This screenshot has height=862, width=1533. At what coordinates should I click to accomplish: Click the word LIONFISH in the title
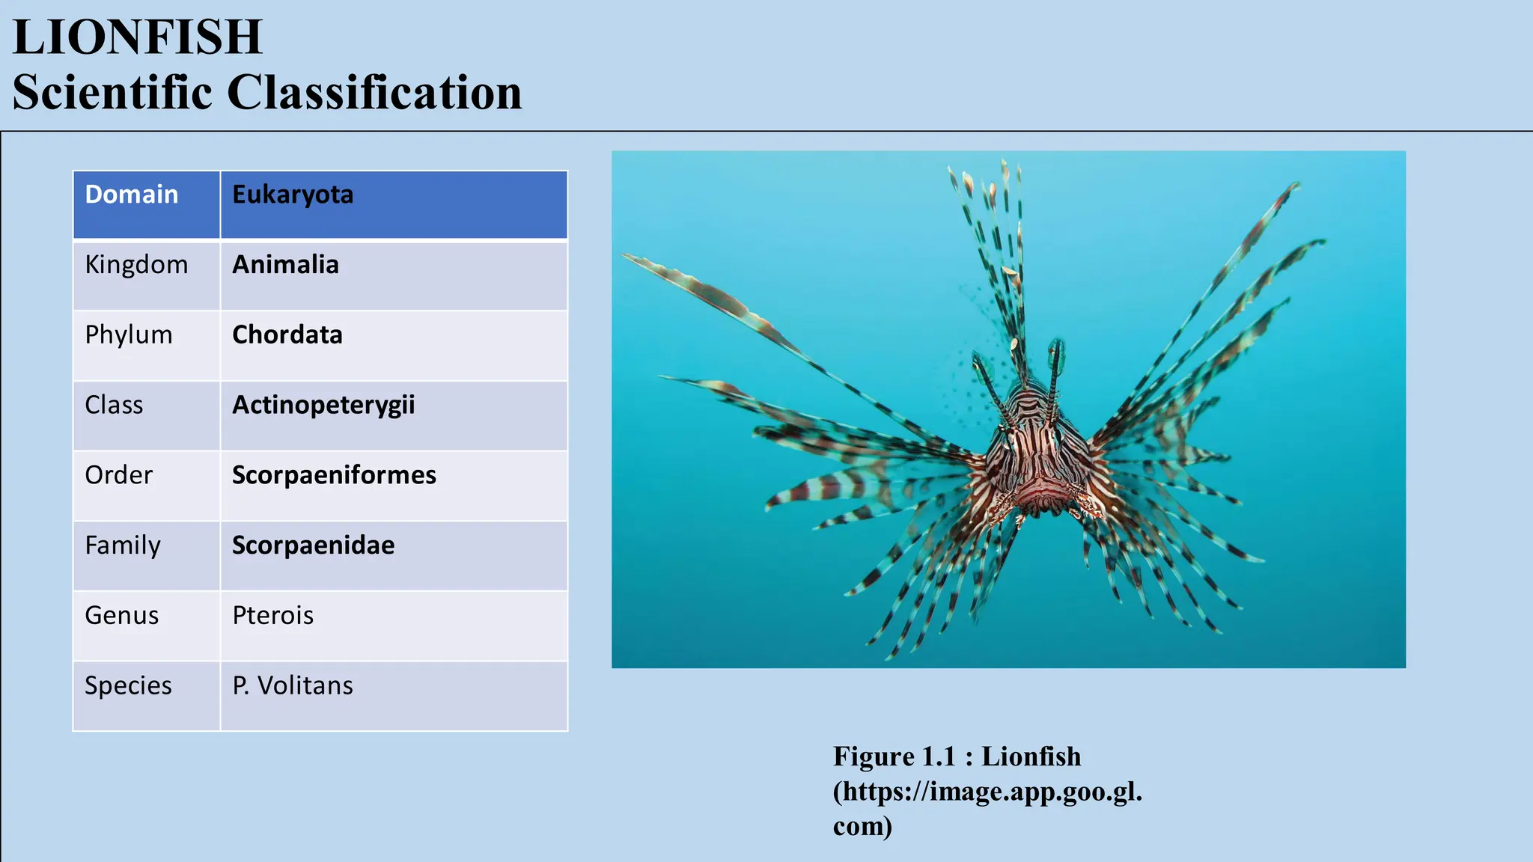click(x=138, y=37)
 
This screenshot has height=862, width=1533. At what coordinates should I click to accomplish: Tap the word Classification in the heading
click(x=374, y=93)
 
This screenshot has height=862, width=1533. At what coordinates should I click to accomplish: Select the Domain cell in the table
click(x=132, y=195)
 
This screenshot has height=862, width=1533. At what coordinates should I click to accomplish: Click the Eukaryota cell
click(x=293, y=195)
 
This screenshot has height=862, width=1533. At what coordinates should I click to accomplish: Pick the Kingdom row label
click(x=136, y=265)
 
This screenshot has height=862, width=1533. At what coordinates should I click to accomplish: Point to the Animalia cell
click(x=285, y=265)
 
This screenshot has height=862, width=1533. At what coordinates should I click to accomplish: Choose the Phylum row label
click(x=129, y=334)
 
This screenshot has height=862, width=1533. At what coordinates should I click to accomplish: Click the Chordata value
click(x=287, y=334)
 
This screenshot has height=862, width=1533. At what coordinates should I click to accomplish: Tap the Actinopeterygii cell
click(x=323, y=406)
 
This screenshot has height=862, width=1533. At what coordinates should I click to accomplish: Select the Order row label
click(x=119, y=475)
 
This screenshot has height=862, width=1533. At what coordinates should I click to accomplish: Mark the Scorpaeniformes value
click(x=334, y=475)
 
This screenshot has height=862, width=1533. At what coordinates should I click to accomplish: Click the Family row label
click(x=123, y=545)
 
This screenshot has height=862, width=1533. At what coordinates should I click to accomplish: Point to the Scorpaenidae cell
click(x=313, y=545)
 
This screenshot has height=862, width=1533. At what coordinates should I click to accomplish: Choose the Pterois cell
click(x=273, y=616)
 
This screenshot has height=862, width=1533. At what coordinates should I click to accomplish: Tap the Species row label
click(x=128, y=686)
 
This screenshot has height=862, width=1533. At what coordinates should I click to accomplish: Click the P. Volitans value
click(x=293, y=686)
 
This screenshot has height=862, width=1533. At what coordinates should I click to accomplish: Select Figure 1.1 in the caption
click(x=894, y=756)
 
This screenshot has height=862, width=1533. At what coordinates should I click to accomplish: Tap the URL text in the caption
click(x=988, y=792)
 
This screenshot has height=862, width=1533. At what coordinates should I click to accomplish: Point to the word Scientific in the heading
click(x=112, y=93)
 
